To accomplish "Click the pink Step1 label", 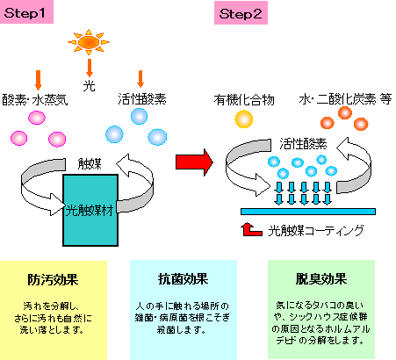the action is click(x=26, y=12).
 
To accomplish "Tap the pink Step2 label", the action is click(x=241, y=13).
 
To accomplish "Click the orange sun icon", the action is click(x=89, y=42).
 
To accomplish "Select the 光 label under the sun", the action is click(x=90, y=86).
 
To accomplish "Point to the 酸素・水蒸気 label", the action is click(x=35, y=100).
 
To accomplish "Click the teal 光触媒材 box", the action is click(x=90, y=210).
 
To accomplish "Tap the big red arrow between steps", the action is click(x=194, y=162).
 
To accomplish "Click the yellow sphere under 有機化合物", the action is click(x=244, y=119).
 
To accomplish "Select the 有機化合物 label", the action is click(x=244, y=100).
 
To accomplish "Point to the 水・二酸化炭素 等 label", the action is click(x=345, y=99).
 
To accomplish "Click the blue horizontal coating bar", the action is click(x=308, y=212).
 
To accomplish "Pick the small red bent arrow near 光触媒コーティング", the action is click(x=251, y=230).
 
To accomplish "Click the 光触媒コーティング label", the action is click(x=316, y=231).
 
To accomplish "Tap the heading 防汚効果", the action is click(x=53, y=279).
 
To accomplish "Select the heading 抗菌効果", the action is click(x=184, y=279).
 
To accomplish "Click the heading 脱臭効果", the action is click(x=321, y=279).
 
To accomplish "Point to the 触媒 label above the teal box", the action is click(x=90, y=164).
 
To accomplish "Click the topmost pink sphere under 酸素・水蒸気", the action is click(x=37, y=118).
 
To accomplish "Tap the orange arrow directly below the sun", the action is click(x=90, y=68).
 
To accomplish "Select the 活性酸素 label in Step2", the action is click(x=303, y=144).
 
